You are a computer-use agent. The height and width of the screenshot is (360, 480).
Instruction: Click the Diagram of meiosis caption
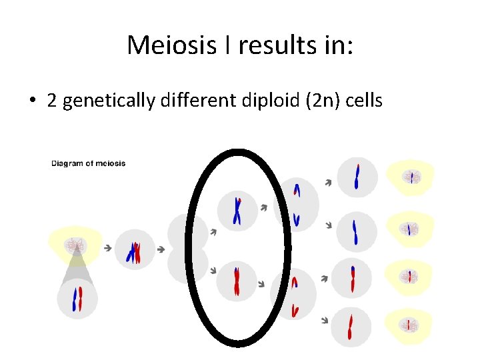click(x=88, y=163)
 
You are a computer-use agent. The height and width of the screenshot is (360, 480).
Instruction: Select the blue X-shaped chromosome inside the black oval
click(x=237, y=211)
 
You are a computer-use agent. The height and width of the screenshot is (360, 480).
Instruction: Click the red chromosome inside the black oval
click(x=237, y=281)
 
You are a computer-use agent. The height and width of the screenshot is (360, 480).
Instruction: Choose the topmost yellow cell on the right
click(x=411, y=177)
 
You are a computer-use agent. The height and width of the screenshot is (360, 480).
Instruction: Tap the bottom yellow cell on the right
click(x=411, y=325)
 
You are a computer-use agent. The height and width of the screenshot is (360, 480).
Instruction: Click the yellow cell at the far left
click(x=76, y=245)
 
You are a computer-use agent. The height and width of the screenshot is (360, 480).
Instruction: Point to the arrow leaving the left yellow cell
click(x=107, y=248)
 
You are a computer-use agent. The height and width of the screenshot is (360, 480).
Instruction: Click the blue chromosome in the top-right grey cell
click(x=357, y=177)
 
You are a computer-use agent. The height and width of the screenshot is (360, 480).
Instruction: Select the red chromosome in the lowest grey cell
click(x=351, y=327)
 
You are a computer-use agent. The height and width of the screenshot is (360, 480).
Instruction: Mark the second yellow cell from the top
click(x=411, y=229)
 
